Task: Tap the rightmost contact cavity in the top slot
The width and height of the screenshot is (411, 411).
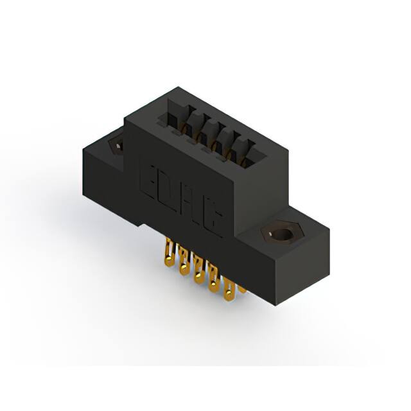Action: (247, 153)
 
